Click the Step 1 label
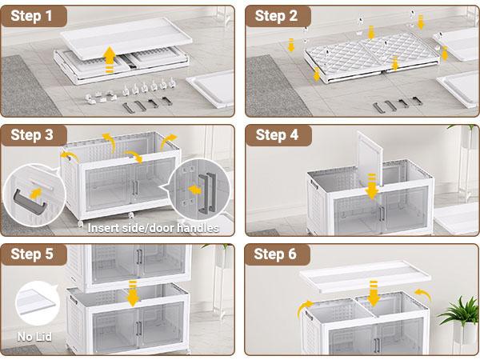[31, 16]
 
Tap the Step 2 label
[276, 16]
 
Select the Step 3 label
[32, 135]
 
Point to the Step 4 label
[277, 135]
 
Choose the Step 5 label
[32, 254]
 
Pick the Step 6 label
[275, 254]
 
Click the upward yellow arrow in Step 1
[110, 60]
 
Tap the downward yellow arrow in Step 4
[372, 186]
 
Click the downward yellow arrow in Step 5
[133, 294]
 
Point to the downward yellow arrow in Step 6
[373, 294]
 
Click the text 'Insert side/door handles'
[153, 228]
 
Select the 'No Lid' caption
[34, 337]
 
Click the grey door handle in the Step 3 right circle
[207, 194]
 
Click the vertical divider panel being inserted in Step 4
[370, 159]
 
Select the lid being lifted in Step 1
[126, 38]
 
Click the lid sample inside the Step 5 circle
[37, 302]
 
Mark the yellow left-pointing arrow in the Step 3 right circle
[194, 190]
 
